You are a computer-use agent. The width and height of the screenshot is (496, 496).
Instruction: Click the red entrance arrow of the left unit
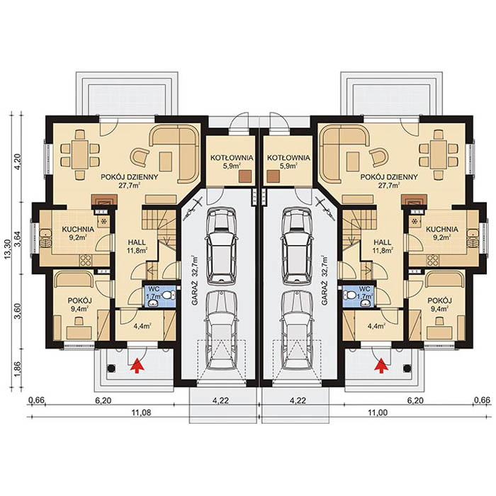(x=135, y=364)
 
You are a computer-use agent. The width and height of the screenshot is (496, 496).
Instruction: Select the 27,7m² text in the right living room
(x=388, y=186)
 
